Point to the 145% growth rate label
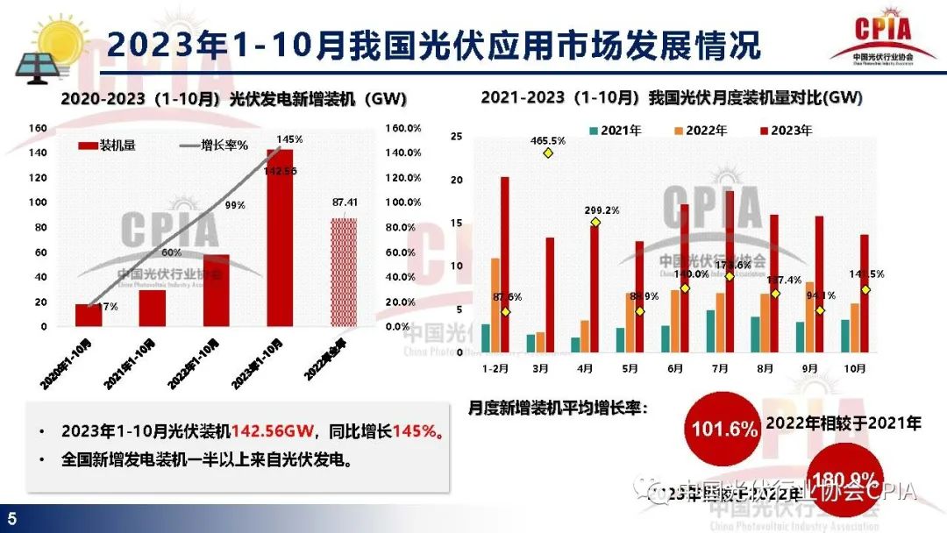click(x=288, y=139)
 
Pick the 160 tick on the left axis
click(x=37, y=128)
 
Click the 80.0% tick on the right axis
click(x=402, y=228)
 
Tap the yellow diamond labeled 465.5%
click(x=548, y=153)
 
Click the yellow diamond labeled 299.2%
click(x=595, y=222)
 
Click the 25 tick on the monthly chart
click(x=456, y=136)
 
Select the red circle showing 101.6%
click(x=724, y=430)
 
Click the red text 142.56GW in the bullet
click(x=267, y=431)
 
